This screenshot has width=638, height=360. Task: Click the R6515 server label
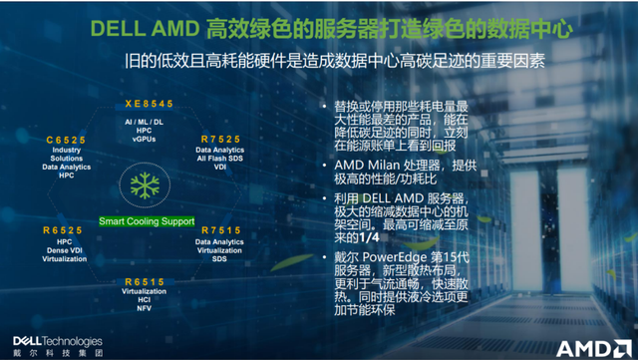pyautogui.click(x=144, y=282)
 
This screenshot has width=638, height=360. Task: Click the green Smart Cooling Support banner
pyautogui.click(x=145, y=220)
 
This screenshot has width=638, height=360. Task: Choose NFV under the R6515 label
pyautogui.click(x=144, y=308)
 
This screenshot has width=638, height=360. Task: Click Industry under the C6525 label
pyautogui.click(x=68, y=150)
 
